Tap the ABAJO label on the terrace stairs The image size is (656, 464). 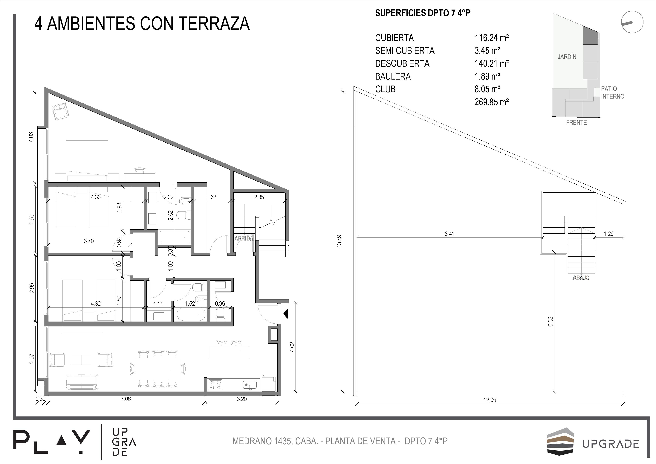click(x=581, y=278)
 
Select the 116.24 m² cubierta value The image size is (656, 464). click(x=492, y=38)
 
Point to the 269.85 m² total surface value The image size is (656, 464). click(x=492, y=102)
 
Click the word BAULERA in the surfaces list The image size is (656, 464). click(x=393, y=76)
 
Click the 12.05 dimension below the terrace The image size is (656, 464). click(x=490, y=400)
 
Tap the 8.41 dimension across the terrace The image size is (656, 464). click(x=449, y=234)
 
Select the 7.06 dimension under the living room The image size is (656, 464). click(x=126, y=399)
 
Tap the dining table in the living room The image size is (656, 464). click(x=158, y=369)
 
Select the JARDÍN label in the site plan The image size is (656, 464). click(x=567, y=57)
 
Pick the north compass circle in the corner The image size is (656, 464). click(x=632, y=22)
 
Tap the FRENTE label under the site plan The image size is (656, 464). click(x=576, y=122)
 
